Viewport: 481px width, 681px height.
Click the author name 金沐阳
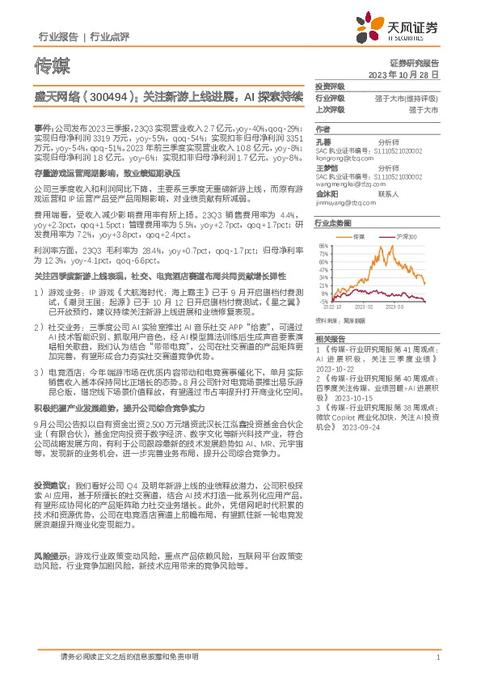(327, 194)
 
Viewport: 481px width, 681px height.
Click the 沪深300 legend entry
(405, 236)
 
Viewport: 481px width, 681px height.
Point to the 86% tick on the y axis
(323, 245)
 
